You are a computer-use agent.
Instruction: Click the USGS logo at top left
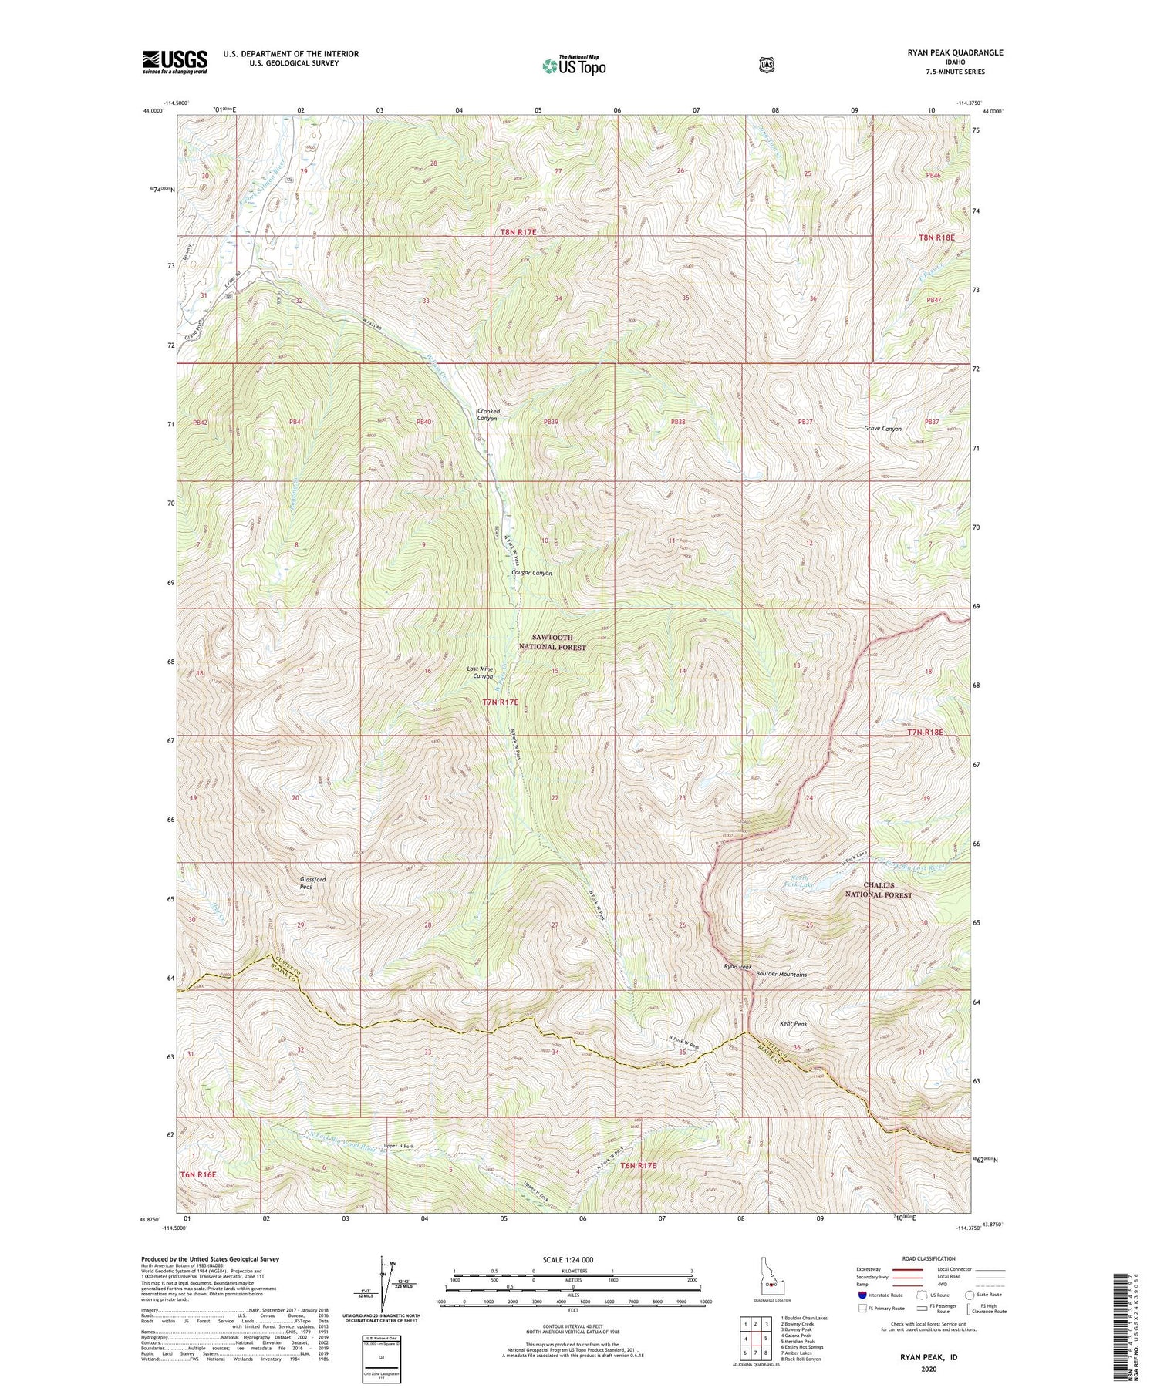pos(174,62)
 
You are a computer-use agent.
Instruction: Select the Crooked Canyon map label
pos(488,415)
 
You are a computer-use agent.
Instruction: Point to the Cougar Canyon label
pos(531,573)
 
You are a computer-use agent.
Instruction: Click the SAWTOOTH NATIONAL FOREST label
pos(559,643)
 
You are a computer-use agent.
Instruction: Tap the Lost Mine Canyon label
pos(480,672)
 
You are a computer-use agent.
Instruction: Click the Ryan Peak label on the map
pos(737,967)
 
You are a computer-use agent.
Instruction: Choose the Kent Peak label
pos(793,1024)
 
